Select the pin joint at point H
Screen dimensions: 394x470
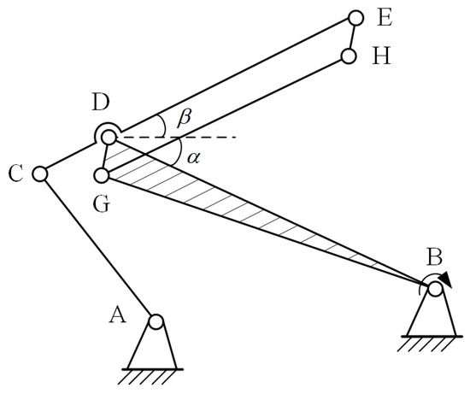pos(348,56)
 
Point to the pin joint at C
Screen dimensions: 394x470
pos(38,173)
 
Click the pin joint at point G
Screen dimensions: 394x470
pos(101,176)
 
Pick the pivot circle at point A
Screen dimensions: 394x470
pos(156,322)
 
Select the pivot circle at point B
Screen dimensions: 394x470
pos(435,289)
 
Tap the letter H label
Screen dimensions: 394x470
pos(380,56)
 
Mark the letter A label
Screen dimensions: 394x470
pos(120,315)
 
